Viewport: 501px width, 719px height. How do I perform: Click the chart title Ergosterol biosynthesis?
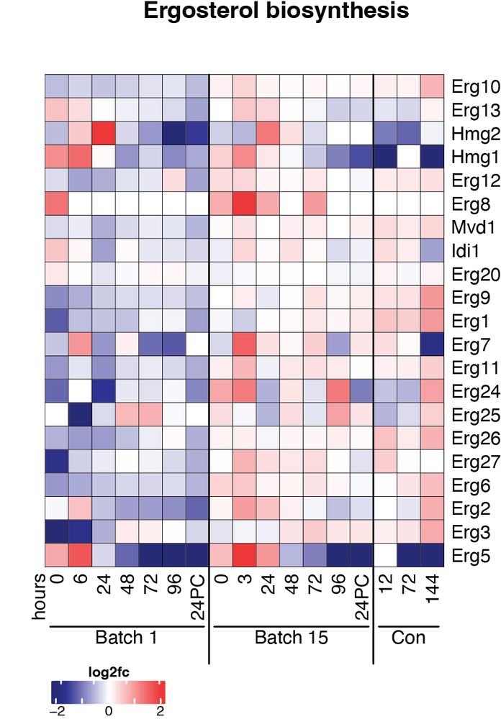tap(276, 12)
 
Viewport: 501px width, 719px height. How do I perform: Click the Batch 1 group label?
tap(127, 638)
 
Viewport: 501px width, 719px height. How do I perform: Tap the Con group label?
tap(408, 638)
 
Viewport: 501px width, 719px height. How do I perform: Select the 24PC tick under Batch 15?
tap(361, 597)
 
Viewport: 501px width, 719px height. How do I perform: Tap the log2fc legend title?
tap(108, 672)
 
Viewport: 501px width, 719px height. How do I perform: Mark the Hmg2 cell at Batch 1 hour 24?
tap(104, 133)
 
